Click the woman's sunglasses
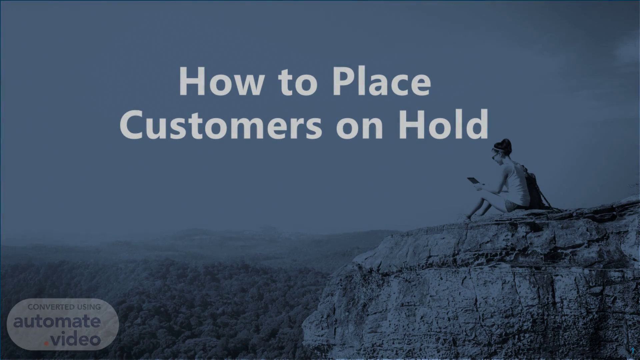point(494,156)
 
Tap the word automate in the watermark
point(57,322)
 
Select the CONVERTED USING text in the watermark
point(64,307)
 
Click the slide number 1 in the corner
point(632,351)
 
